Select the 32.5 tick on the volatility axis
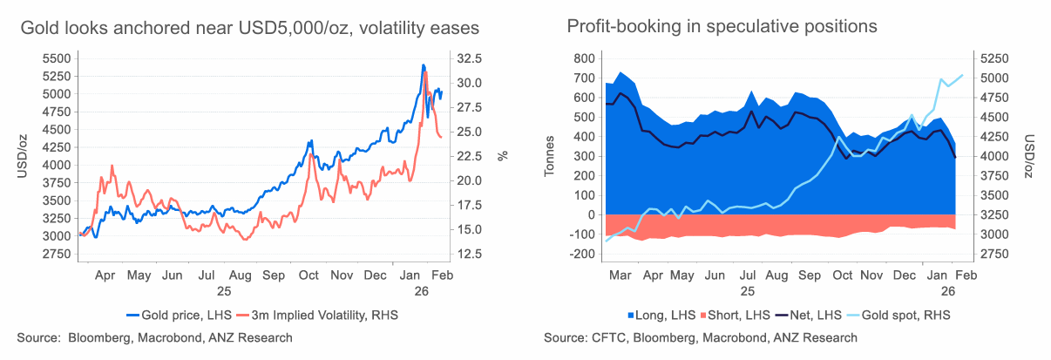(x=468, y=58)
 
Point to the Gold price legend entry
(x=174, y=315)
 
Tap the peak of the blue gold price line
(x=423, y=65)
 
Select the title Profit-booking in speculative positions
(x=722, y=26)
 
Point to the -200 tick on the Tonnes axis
(x=580, y=254)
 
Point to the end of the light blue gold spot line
(x=962, y=75)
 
